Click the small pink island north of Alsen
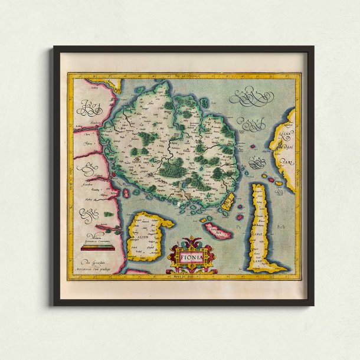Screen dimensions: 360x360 [x=126, y=192]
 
